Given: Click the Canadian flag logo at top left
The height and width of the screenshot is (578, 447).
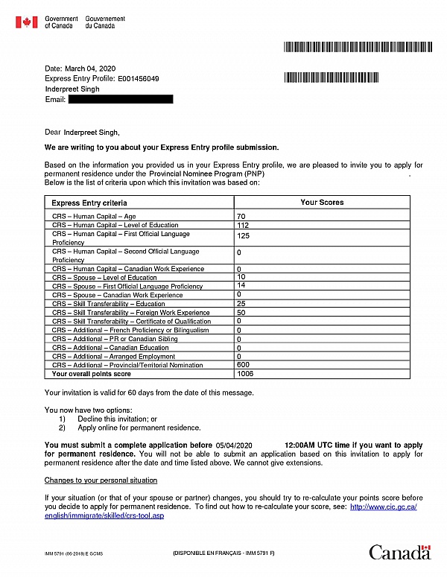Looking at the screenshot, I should click(26, 22).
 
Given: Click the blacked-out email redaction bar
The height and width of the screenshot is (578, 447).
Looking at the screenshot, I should click(121, 99).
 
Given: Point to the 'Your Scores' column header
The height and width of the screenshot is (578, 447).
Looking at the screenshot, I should click(322, 202).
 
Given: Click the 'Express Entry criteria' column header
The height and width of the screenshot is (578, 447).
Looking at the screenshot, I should click(89, 203).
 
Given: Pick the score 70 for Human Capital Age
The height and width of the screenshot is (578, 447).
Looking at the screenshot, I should click(241, 217).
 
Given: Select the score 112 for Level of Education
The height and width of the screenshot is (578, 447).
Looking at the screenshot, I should click(242, 225).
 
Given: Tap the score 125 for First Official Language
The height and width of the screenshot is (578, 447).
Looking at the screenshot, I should click(243, 235).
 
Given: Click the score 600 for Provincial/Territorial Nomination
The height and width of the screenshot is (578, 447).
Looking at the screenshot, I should click(243, 365).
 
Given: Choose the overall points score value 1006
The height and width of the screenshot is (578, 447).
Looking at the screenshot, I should click(244, 373).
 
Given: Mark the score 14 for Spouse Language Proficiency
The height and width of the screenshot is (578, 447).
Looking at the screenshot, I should click(241, 285).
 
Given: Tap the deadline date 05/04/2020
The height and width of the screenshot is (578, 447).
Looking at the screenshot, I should click(235, 445).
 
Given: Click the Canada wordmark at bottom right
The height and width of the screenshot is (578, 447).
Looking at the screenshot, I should click(400, 553).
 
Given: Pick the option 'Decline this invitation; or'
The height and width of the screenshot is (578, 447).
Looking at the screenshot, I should click(117, 419).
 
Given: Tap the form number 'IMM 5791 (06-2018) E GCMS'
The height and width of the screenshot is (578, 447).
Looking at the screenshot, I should click(75, 555).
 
